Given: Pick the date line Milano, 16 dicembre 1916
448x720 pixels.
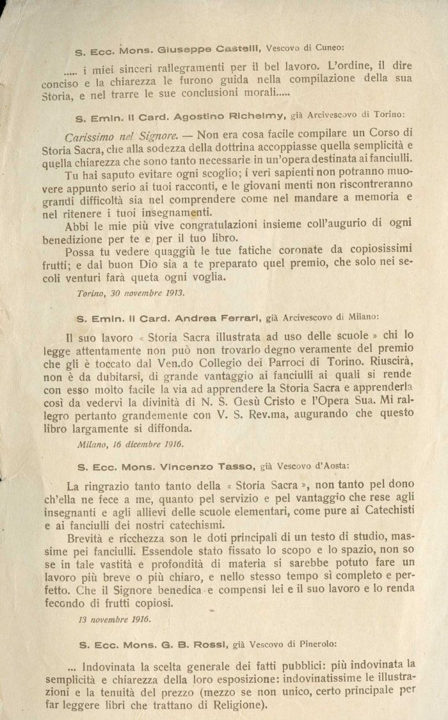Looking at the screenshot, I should click(130, 443).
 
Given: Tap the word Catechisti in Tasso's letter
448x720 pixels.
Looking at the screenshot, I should click(384, 509).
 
